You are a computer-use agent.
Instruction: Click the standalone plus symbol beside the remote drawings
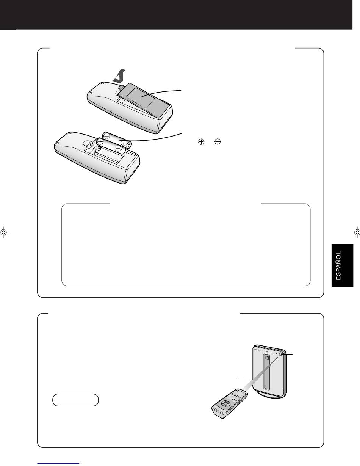201,141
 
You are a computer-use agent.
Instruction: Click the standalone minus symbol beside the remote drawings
218,141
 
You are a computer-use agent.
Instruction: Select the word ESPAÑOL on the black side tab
338,265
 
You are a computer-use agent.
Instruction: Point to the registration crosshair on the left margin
4,232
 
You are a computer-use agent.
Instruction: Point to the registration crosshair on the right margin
356,232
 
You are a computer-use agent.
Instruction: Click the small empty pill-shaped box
75,400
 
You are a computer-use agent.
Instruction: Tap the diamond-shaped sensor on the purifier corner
280,354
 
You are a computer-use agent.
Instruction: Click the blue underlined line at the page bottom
58,464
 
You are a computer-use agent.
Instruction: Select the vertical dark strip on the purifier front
266,372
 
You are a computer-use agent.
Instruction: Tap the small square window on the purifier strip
266,358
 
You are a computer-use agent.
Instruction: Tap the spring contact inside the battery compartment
99,148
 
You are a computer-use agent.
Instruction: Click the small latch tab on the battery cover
122,86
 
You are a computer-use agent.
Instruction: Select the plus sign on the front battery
100,141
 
